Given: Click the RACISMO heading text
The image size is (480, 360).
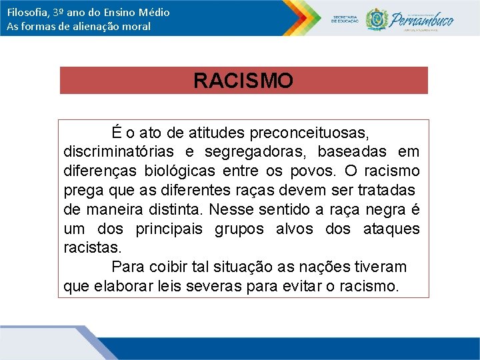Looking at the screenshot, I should (243, 81).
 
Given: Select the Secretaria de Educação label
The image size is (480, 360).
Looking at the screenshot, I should (345, 19).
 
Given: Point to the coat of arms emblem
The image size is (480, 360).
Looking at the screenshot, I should (377, 19).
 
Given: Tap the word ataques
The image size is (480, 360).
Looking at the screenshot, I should (392, 229).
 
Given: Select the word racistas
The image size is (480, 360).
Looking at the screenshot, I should (93, 248).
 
